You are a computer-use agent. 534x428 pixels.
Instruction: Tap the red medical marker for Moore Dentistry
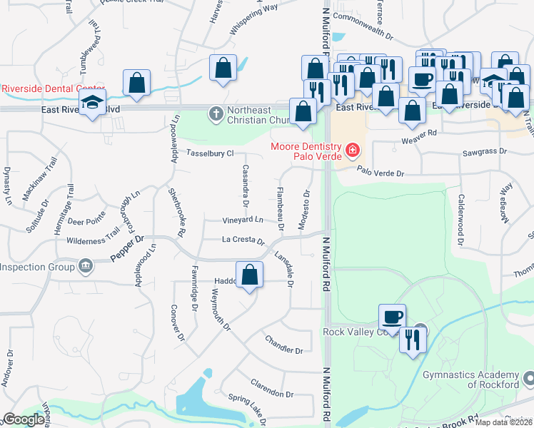tap(351, 150)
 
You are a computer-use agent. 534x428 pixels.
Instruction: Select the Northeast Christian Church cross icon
tap(215, 113)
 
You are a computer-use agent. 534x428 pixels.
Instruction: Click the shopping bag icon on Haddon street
tap(249, 275)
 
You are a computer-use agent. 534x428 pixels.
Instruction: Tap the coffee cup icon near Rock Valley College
tap(392, 317)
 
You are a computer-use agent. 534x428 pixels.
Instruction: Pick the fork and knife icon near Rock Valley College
tap(413, 339)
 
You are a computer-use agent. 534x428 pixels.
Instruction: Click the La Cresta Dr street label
tap(243, 240)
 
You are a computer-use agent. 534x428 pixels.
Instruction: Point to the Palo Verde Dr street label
tap(381, 173)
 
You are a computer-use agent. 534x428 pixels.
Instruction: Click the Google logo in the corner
tap(24, 419)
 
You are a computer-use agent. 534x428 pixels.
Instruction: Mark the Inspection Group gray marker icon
tap(85, 267)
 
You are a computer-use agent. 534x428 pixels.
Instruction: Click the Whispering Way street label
tap(253, 21)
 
